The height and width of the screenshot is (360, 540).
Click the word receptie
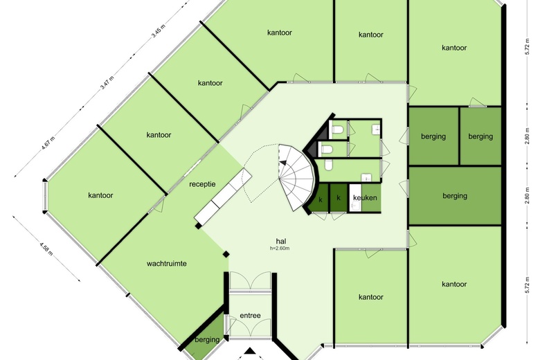point(202,184)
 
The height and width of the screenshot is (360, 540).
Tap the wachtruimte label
point(167,264)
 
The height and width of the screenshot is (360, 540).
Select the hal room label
point(281,241)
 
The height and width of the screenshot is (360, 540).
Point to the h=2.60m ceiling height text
point(280,248)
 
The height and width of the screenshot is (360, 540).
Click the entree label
point(250,316)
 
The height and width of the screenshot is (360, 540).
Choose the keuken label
point(365,198)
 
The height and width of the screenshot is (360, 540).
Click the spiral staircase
point(296,177)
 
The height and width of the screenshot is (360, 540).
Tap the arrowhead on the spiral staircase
point(282,163)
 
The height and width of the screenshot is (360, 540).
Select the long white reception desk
point(223,195)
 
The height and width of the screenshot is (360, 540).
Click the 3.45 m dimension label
point(159,31)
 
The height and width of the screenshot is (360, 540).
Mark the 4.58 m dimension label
point(46,249)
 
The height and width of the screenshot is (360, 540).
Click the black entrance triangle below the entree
point(251,352)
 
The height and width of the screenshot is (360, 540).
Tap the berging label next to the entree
point(207,340)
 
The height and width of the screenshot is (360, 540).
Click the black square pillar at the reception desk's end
point(198,226)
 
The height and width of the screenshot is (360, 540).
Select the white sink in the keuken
point(355,206)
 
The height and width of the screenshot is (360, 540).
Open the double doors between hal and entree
point(250,281)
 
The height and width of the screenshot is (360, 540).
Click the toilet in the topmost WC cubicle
point(336,129)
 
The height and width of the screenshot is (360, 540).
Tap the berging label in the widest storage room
point(455,196)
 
